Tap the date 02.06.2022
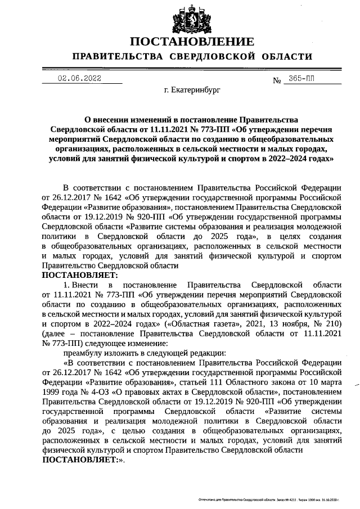[x=79, y=79]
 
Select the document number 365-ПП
[x=303, y=79]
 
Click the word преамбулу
[x=85, y=353]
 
